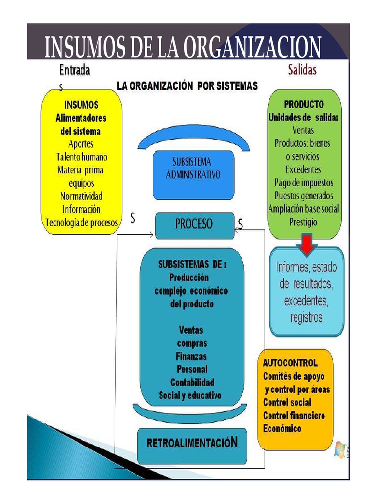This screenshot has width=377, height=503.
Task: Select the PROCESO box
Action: (194, 225)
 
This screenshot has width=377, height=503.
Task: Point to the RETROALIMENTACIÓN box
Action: (192, 443)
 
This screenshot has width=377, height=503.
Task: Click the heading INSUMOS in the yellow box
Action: (81, 105)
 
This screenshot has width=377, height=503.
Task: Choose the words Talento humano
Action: (81, 157)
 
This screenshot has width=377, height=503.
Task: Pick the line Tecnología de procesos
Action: (81, 222)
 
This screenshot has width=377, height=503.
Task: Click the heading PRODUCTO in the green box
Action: (304, 104)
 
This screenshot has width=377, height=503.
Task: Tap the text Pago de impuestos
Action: (304, 183)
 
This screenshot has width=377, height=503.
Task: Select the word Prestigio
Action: (303, 222)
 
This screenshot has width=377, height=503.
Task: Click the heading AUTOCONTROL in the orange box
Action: (290, 363)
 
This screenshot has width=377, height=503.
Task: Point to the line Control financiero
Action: (294, 416)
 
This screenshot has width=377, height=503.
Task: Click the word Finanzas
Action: (191, 356)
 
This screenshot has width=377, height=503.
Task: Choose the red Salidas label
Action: (302, 70)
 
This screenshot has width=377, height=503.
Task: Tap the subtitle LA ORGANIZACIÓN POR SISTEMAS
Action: (187, 86)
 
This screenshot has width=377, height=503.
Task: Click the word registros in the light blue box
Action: (306, 317)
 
